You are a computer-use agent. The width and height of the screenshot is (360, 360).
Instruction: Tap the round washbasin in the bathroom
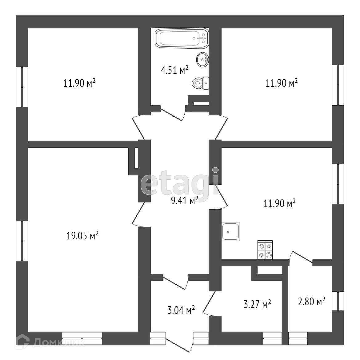pos(203,59)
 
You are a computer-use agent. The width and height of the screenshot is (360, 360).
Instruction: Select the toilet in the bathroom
pos(199,83)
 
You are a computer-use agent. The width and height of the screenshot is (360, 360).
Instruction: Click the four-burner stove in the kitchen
pos(265,250)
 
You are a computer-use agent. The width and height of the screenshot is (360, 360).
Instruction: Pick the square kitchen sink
pos(231,231)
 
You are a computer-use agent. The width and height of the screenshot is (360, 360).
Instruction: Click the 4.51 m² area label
pos(174,70)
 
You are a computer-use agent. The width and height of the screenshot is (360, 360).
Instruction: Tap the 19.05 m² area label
pos(82,236)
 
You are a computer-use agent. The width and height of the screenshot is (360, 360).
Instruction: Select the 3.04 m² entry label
pos(181,310)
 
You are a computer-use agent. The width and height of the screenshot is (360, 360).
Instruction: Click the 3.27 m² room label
pos(257,304)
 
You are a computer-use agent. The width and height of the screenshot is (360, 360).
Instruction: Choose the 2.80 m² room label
pos(312,302)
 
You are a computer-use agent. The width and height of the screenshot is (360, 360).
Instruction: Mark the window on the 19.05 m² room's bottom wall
pos(82,338)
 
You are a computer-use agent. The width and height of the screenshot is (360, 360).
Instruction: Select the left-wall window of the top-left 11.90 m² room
pos(22,87)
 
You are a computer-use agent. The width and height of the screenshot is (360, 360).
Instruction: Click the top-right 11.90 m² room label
pos(282,83)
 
